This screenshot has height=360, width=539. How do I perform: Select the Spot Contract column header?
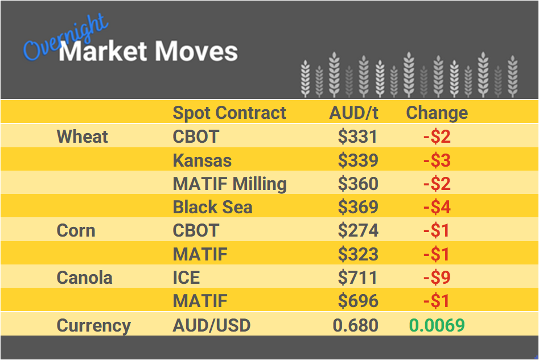point(229,113)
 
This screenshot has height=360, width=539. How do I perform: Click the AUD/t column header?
point(353,113)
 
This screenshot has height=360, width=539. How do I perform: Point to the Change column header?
point(437,113)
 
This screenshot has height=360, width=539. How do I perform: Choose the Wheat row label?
point(83,136)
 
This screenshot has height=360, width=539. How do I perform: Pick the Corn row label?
point(76,230)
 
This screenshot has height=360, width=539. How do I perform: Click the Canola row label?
point(84,278)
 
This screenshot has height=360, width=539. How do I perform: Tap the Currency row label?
point(93,325)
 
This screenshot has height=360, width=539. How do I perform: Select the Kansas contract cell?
point(202,160)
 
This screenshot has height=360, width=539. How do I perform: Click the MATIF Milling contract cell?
point(229,184)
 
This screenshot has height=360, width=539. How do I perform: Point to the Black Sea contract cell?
point(212,207)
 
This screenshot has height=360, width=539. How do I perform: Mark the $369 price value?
point(357,207)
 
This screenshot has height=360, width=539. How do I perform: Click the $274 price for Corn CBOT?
point(357,230)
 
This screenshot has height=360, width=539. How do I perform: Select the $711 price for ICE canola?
point(357,278)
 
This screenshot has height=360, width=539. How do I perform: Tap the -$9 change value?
point(437,278)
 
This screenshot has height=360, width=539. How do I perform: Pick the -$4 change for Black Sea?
point(437,207)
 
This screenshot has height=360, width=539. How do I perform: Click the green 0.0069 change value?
point(437,325)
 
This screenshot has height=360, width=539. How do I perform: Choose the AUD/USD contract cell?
point(211,325)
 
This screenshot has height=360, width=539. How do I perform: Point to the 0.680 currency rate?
point(355,325)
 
